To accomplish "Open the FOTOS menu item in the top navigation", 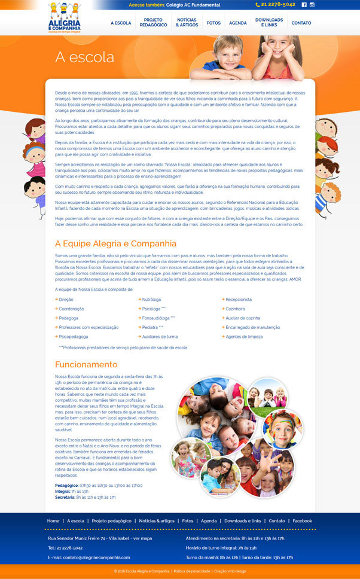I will [x=213, y=23].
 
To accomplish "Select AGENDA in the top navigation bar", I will [x=238, y=23].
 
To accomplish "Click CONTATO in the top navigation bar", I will [x=301, y=23].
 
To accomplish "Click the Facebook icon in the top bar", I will [x=304, y=4].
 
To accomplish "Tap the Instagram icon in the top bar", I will [x=312, y=4].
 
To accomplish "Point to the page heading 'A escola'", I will [x=84, y=57].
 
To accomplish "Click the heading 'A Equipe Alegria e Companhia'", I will [x=115, y=243].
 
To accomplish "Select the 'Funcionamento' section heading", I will [x=86, y=364].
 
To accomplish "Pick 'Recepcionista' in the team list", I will [x=239, y=299].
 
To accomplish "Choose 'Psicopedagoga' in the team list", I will [x=74, y=337].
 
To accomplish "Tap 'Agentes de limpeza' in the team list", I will [x=244, y=337].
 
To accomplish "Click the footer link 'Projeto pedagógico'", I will [x=112, y=521].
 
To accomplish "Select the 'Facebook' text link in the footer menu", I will [x=302, y=521].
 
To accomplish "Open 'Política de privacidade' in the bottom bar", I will [x=191, y=571].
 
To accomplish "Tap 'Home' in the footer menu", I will [x=53, y=521].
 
